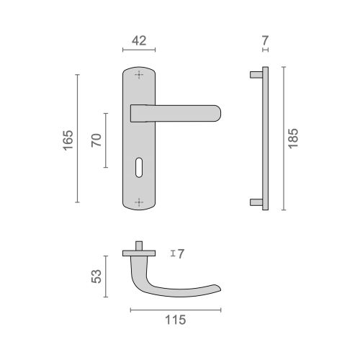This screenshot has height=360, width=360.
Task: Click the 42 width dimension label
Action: pyautogui.click(x=140, y=41)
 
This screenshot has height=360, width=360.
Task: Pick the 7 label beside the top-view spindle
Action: pyautogui.click(x=181, y=253)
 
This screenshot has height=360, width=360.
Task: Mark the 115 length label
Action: pyautogui.click(x=176, y=320)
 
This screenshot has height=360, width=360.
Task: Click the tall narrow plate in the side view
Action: pyautogui.click(x=266, y=138)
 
